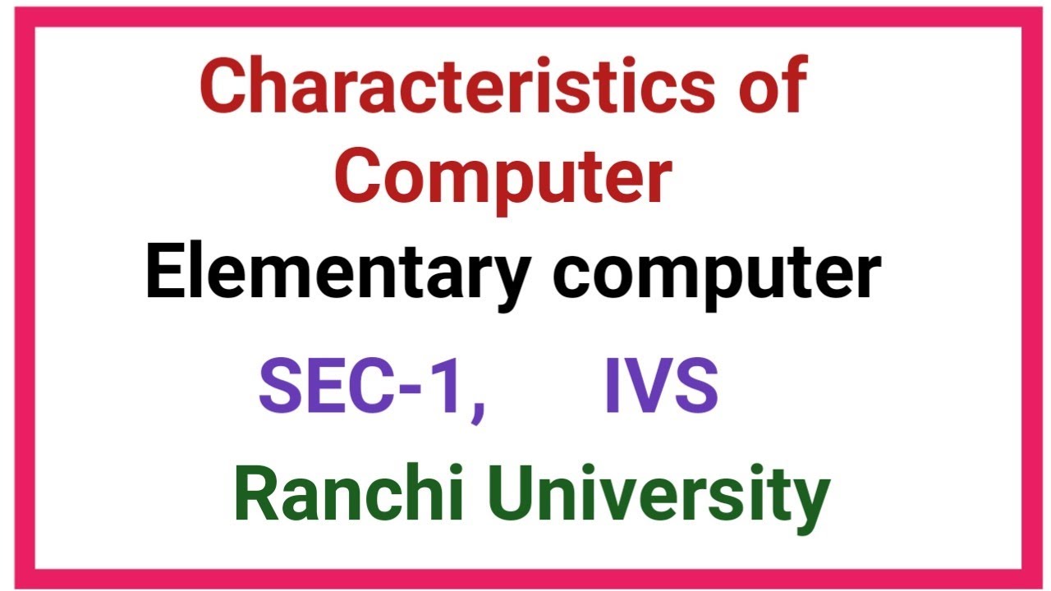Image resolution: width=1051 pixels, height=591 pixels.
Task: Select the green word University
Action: point(649,497)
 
